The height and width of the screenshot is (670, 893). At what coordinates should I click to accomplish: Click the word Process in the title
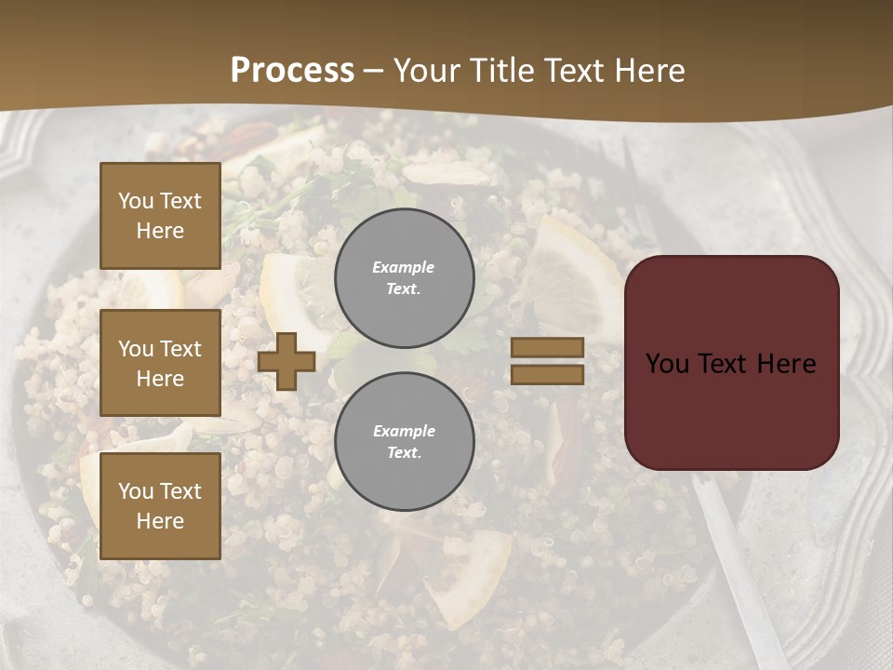[x=292, y=71]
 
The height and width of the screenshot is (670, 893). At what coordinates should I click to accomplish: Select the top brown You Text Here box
[x=160, y=216]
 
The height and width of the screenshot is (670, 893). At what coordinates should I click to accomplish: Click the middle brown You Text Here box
[x=160, y=363]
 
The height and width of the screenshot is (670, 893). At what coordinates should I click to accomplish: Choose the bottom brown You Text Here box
[x=160, y=505]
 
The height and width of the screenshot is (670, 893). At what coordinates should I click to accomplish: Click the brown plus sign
[x=287, y=361]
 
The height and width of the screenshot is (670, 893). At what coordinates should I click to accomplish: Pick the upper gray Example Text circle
[x=404, y=277]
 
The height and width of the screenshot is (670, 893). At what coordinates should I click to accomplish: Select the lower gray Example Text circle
[x=404, y=441]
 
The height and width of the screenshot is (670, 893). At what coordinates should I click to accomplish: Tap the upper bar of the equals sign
[x=548, y=348]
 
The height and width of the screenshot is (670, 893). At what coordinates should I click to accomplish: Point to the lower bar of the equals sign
[x=548, y=374]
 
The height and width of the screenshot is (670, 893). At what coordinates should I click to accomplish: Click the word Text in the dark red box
[x=726, y=363]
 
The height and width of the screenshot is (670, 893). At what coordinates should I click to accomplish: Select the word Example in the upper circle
[x=404, y=267]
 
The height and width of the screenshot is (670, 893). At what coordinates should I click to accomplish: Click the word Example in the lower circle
[x=404, y=431]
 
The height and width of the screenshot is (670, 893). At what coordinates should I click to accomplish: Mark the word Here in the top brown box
[x=160, y=231]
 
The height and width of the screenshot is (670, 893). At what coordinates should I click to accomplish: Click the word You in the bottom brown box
[x=136, y=490]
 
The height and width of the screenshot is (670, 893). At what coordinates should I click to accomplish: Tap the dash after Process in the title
[x=373, y=72]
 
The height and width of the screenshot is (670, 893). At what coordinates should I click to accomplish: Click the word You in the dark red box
[x=667, y=363]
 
